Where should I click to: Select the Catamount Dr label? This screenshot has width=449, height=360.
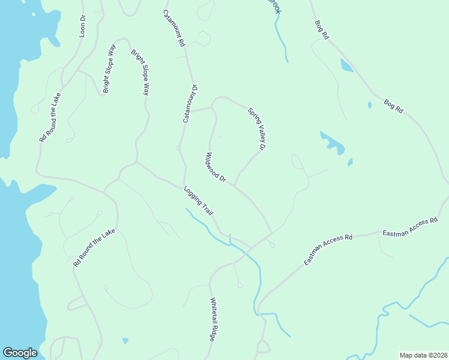190,104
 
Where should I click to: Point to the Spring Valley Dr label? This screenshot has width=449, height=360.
257,128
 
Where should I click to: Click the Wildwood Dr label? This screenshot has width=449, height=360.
215,167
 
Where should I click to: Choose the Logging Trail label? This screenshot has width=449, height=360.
199,200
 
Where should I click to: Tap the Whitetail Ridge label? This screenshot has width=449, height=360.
212,320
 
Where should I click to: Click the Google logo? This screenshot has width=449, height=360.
20,353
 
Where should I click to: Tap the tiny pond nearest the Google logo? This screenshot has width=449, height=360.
125,341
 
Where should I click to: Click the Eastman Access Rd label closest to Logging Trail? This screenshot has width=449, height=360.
328,249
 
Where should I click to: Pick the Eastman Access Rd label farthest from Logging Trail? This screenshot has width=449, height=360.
409,227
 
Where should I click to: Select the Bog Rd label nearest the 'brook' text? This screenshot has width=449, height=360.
322,30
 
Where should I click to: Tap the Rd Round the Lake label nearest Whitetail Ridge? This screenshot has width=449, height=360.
94,248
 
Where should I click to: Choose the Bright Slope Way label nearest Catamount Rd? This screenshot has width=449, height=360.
139,73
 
